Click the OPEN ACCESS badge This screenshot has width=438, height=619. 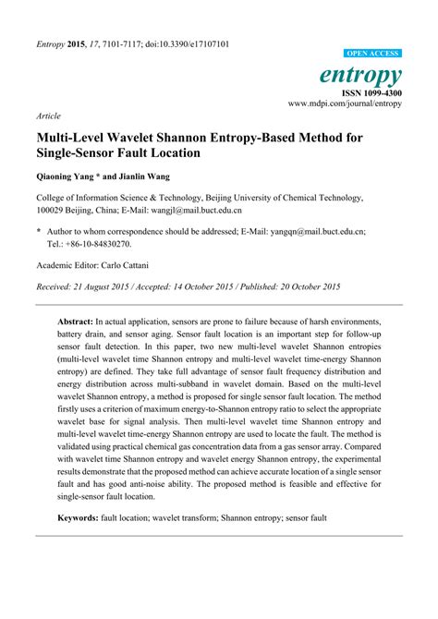click(x=373, y=55)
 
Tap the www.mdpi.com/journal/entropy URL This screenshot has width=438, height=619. click(x=345, y=104)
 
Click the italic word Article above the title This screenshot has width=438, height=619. click(x=49, y=118)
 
